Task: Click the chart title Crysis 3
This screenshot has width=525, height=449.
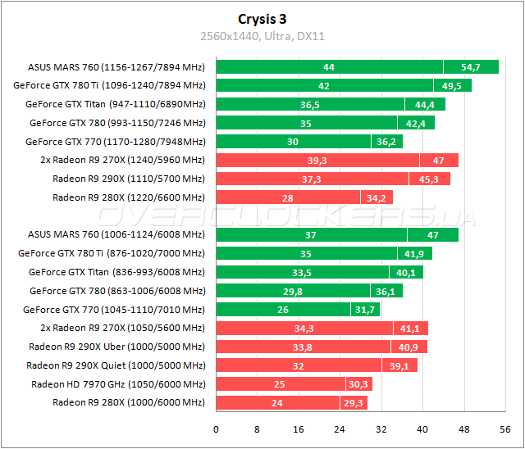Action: (x=262, y=19)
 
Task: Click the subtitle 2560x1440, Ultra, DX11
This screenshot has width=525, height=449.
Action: (x=262, y=36)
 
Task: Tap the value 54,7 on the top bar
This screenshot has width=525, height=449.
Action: (x=471, y=67)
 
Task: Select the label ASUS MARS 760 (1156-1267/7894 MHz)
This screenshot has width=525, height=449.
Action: (x=116, y=67)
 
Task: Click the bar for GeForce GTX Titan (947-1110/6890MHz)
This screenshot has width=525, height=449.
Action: (x=330, y=104)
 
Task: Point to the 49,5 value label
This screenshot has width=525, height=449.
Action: (x=452, y=85)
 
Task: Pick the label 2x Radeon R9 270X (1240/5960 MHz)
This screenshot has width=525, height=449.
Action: (x=122, y=160)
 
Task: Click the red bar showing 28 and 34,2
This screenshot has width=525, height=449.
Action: (x=304, y=197)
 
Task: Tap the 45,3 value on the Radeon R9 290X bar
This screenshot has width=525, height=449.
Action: (x=429, y=179)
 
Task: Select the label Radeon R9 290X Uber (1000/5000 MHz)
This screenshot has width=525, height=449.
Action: (x=116, y=347)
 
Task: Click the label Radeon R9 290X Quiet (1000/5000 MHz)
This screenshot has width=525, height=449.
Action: (x=116, y=365)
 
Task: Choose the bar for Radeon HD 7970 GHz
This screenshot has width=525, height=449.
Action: (x=293, y=383)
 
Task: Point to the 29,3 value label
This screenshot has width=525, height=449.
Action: (x=353, y=402)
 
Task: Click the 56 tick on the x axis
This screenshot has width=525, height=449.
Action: (x=505, y=429)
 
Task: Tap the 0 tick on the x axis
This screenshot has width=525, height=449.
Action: (x=216, y=429)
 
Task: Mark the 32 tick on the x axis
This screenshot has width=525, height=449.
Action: (x=381, y=429)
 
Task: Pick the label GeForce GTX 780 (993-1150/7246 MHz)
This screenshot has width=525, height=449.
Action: (x=116, y=123)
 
